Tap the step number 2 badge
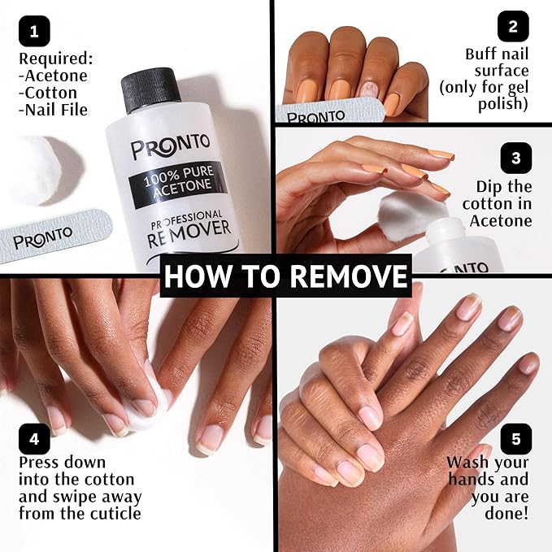[x=512, y=26]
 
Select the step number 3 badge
[x=515, y=157]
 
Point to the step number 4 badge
[x=33, y=439]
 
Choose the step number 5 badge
[x=515, y=439]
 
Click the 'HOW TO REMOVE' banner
[x=285, y=276]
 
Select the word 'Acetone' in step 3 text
[x=498, y=221]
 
